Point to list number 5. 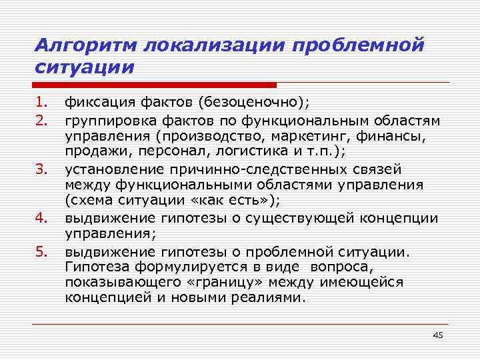[42, 252]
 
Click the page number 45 [437, 335]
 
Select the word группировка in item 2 [104, 120]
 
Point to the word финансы [398, 135]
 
